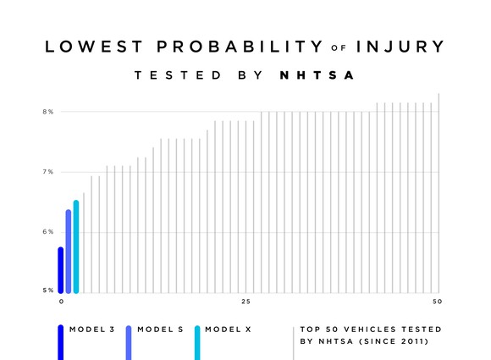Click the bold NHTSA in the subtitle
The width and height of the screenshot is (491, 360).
[316, 76]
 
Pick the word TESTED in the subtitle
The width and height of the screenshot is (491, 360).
[169, 76]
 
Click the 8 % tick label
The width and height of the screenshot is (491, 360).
[49, 112]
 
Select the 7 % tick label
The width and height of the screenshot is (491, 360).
[49, 172]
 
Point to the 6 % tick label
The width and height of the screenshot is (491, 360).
[49, 231]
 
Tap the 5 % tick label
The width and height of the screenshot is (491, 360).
[49, 291]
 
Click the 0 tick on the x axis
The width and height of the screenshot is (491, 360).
[61, 302]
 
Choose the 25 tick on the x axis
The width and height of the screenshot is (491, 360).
[245, 302]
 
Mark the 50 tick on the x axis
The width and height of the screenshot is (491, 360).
[437, 302]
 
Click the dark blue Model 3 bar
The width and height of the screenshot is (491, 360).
[61, 269]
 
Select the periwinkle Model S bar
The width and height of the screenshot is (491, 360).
[69, 251]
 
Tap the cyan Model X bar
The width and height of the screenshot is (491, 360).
[76, 246]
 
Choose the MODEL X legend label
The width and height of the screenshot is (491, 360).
[229, 329]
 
